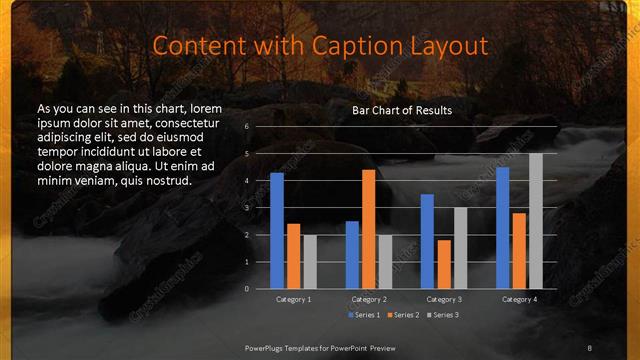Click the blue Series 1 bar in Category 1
(277, 231)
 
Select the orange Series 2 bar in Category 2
(369, 229)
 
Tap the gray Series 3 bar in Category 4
(536, 221)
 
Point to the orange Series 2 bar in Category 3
(444, 264)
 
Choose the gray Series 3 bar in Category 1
(310, 262)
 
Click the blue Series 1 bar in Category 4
(503, 228)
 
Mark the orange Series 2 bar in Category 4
(519, 250)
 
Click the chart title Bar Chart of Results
(402, 110)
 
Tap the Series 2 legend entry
(403, 315)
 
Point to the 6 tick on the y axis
(246, 127)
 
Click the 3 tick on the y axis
(246, 208)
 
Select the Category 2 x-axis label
(369, 299)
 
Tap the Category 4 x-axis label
(519, 299)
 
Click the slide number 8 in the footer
(590, 346)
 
